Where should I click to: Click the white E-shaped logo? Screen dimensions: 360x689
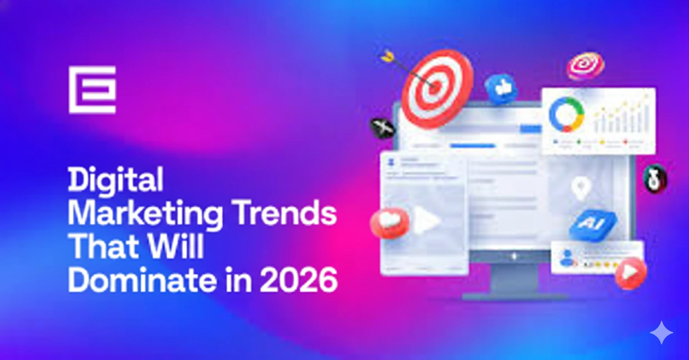pyautogui.click(x=92, y=90)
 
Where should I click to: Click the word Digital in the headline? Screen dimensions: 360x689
pyautogui.click(x=115, y=180)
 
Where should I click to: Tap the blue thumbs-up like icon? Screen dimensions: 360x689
pyautogui.click(x=501, y=89)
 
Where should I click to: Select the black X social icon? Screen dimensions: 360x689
pyautogui.click(x=382, y=128)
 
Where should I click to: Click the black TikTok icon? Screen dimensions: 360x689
pyautogui.click(x=655, y=179)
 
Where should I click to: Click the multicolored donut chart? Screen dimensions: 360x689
pyautogui.click(x=566, y=115)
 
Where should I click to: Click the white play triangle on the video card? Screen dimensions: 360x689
pyautogui.click(x=426, y=221)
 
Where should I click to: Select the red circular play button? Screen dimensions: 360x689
pyautogui.click(x=630, y=273)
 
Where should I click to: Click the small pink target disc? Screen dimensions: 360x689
pyautogui.click(x=585, y=66)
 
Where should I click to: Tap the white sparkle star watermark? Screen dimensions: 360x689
pyautogui.click(x=661, y=333)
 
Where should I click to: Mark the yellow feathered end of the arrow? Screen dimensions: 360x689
pyautogui.click(x=388, y=57)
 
